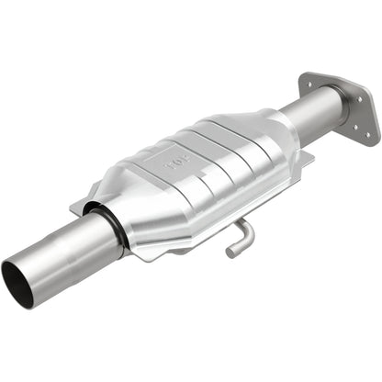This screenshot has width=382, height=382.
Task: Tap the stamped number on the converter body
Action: [x=175, y=166]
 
